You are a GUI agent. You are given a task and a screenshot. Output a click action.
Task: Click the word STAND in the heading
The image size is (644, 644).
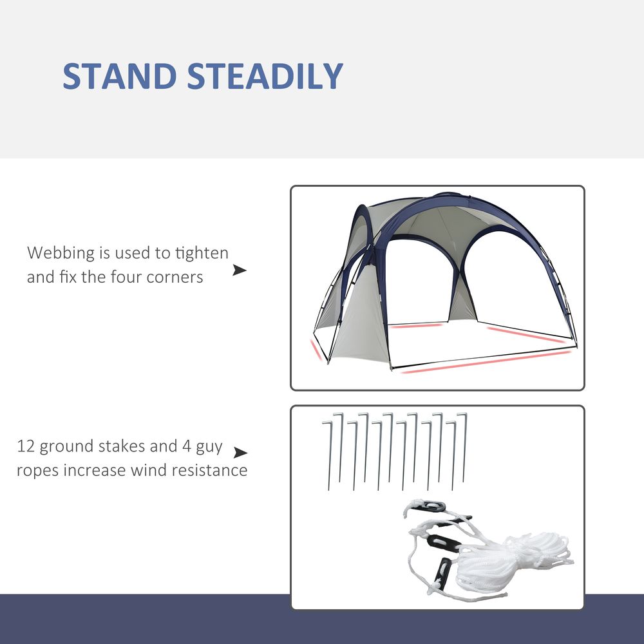pos(119,77)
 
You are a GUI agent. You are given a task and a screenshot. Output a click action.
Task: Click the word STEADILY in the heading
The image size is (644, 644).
pos(265,77)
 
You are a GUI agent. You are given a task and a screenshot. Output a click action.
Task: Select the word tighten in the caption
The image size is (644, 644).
pos(200,253)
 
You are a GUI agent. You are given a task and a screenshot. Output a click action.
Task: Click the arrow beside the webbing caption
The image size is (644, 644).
pos(240,270)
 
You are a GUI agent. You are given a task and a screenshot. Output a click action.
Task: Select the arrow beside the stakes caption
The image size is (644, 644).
pos(241,453)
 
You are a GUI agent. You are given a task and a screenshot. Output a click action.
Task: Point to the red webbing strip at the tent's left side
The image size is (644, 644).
pos(316,350)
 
